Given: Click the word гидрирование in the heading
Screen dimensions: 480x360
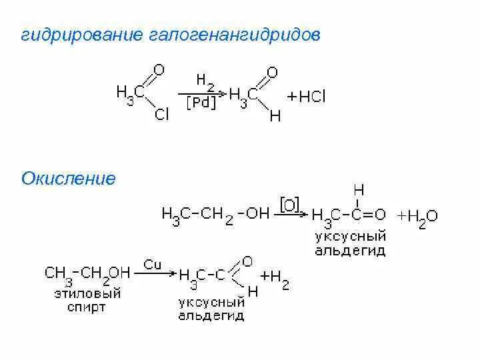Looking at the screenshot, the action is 76,35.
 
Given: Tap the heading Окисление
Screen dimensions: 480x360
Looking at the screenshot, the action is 69,179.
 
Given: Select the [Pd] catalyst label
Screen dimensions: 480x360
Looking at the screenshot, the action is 201,104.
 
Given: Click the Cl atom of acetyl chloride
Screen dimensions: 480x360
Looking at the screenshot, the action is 161,115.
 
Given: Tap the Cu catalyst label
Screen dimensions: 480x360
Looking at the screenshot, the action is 153,265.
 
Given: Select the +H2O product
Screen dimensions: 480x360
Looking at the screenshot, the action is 417,217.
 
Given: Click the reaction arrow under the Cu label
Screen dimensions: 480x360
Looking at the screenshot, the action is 157,273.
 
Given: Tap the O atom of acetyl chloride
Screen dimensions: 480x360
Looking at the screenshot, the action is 158,69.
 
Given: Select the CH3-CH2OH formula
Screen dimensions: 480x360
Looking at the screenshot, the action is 87,273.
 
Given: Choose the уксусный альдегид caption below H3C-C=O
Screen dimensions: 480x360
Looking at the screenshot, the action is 349,243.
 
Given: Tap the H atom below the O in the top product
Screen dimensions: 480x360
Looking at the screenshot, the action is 275,115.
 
